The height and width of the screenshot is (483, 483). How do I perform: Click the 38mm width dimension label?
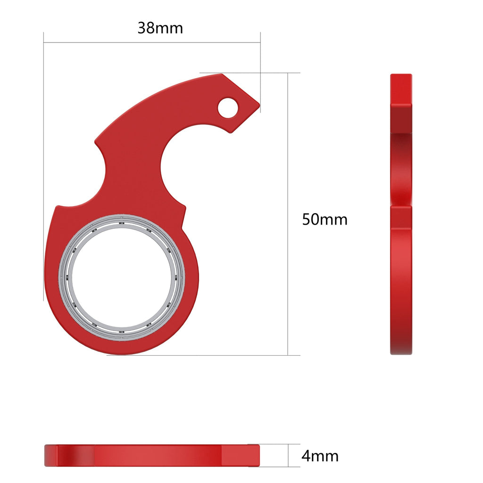[160, 28]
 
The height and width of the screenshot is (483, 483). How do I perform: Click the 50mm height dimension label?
[325, 219]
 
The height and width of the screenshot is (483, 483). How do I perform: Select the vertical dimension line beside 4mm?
[288, 456]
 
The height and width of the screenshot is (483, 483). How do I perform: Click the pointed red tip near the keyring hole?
[258, 105]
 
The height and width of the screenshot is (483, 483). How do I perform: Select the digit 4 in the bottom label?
[306, 456]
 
